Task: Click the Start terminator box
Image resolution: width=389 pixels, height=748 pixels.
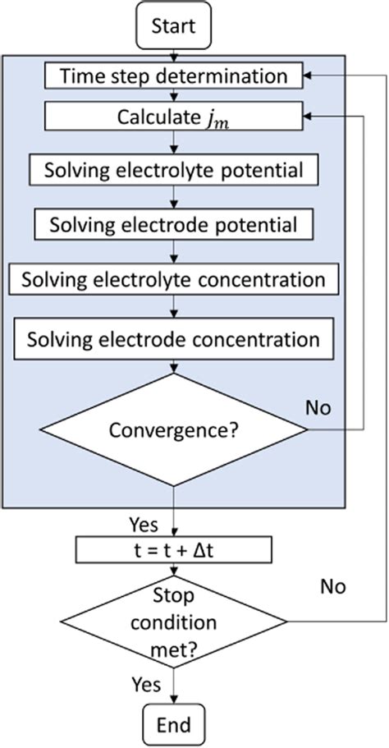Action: tap(172, 25)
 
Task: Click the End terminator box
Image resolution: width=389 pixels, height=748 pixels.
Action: tap(172, 725)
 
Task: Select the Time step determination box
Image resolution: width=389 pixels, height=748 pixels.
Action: tap(172, 76)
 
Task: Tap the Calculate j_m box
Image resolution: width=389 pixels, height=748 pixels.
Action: tap(172, 116)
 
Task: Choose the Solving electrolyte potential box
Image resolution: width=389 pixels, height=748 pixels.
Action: tap(172, 172)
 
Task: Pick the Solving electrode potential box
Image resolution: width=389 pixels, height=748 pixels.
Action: tap(172, 224)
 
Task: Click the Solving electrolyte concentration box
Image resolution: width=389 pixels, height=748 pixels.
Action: tap(172, 280)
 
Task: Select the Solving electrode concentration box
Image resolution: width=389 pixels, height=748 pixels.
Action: tap(172, 338)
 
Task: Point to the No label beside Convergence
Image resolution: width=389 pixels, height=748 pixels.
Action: tap(318, 407)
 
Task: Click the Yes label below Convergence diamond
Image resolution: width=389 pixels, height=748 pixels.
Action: tap(144, 522)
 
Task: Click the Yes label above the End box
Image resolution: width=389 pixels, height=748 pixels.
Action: tap(144, 683)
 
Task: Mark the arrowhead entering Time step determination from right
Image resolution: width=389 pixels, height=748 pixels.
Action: tap(306, 76)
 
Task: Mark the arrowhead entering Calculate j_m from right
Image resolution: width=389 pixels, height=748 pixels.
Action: tap(306, 116)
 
